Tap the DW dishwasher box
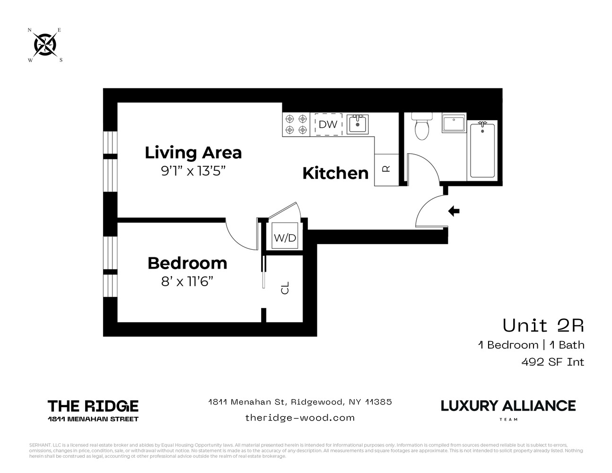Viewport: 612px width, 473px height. pos(328,124)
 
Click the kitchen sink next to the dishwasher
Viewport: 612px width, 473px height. pos(357,124)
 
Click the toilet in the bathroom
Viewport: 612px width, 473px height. pos(420,126)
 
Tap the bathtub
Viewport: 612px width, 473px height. pos(482,149)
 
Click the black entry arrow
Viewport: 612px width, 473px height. pos(454,211)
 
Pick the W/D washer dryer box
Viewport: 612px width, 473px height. pos(285,238)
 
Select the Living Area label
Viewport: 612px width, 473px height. pos(193,153)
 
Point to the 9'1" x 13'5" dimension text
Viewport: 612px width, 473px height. pos(192,171)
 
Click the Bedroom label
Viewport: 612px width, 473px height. pos(187,263)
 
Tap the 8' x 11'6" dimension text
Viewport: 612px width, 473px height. pos(187,281)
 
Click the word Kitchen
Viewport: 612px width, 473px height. pos(335,173)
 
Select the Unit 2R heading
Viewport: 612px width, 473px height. pos(543,325)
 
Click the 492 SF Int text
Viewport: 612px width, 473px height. pos(552,362)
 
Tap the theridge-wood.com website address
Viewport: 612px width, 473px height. pos(300,418)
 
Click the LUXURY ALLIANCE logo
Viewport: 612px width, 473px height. pos(508,406)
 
